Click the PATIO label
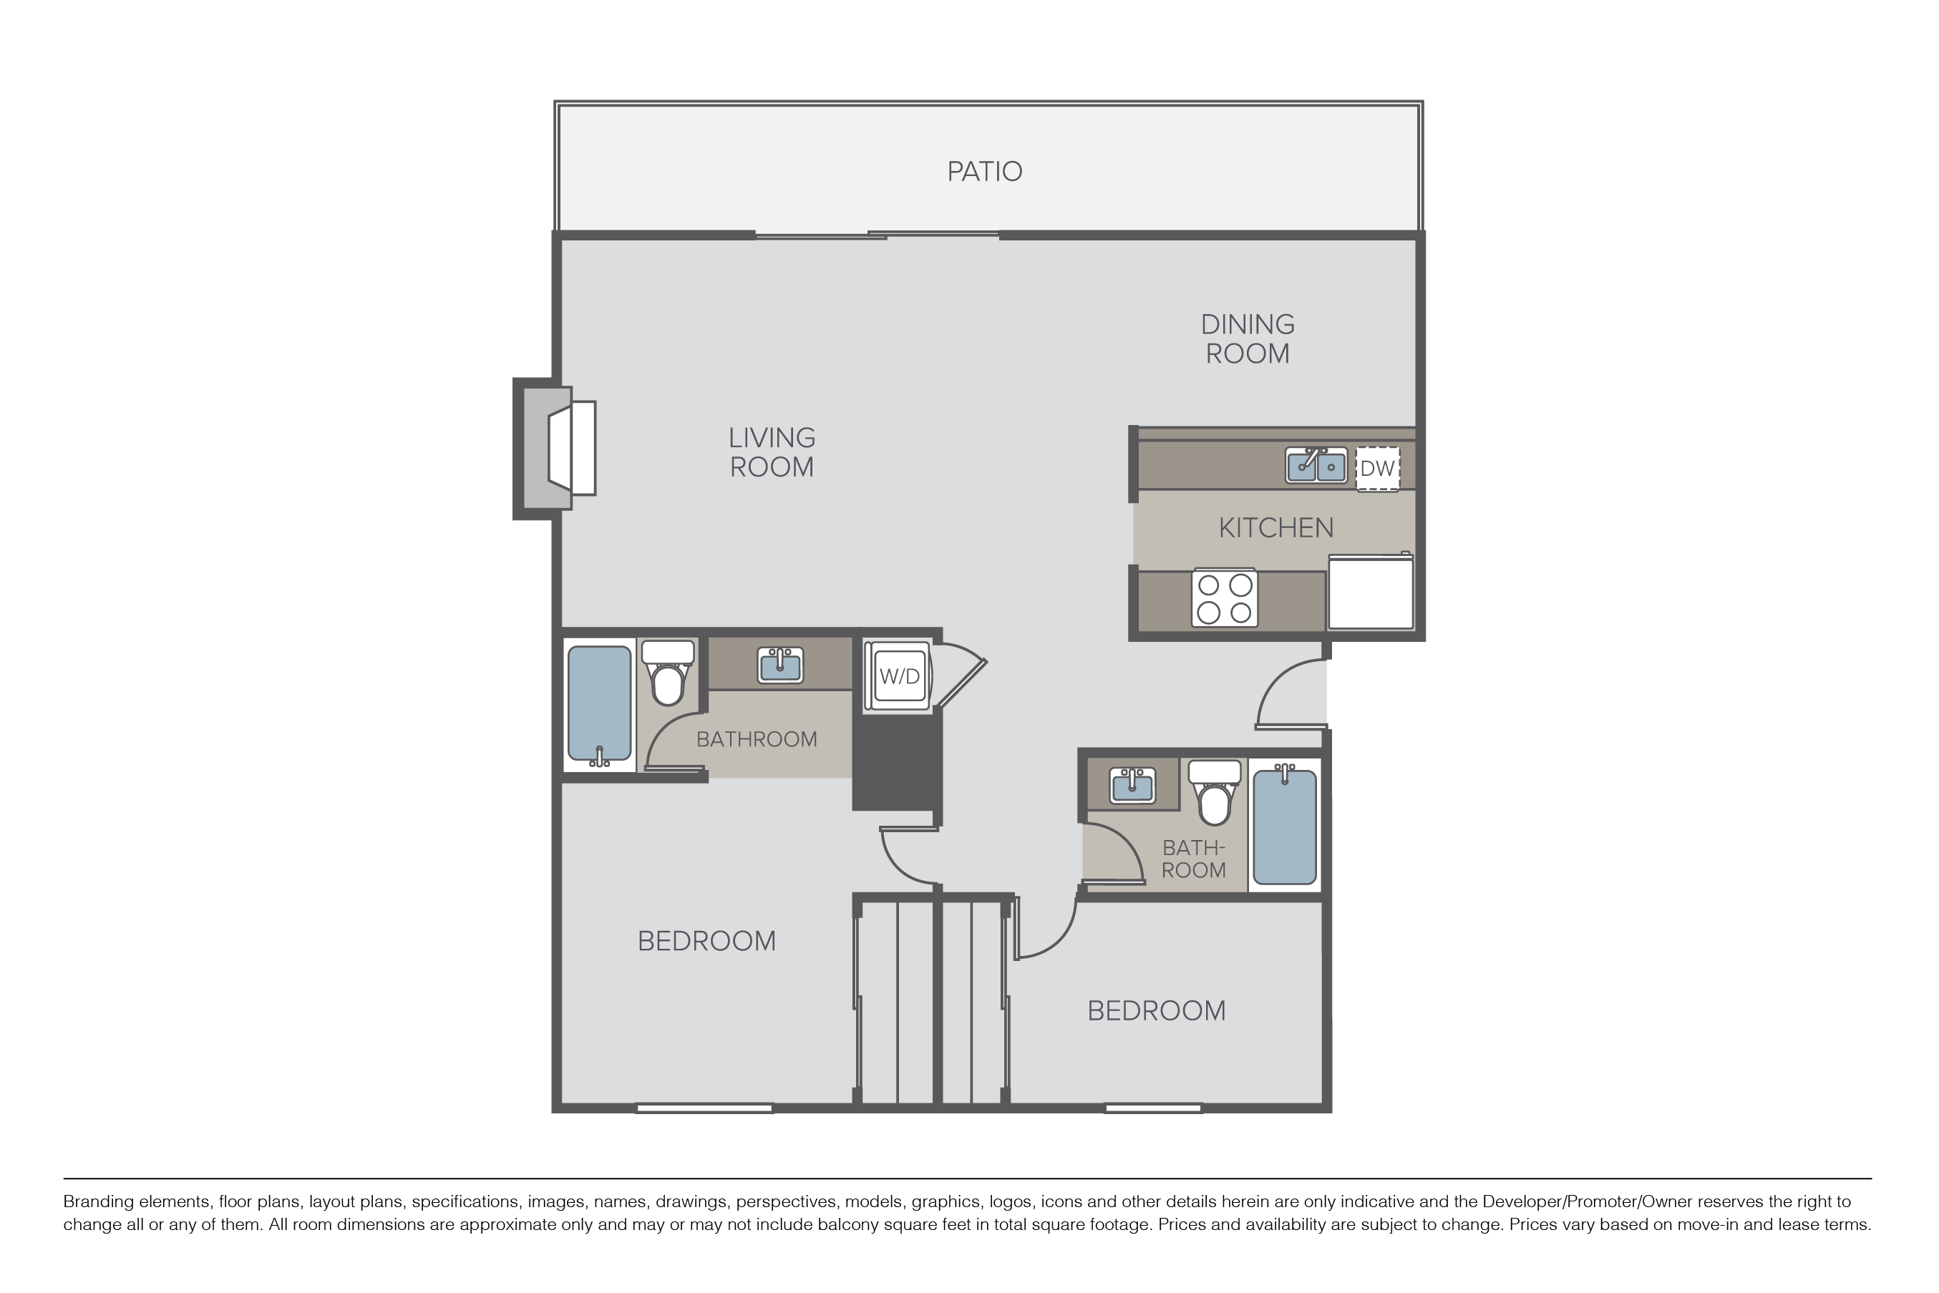point(985,172)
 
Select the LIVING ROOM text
point(772,452)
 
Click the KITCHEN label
point(1276,528)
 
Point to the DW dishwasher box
point(1377,469)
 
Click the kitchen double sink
point(1316,465)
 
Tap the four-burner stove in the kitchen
point(1225,598)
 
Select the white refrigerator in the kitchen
point(1371,591)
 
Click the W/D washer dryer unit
point(899,676)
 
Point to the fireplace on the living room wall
point(555,449)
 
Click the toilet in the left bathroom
point(668,673)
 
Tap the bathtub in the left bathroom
point(600,706)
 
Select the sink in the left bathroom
point(780,665)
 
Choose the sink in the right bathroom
point(1132,784)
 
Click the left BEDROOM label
point(707,941)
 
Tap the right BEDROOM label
point(1156,1011)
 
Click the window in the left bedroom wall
point(704,1108)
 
